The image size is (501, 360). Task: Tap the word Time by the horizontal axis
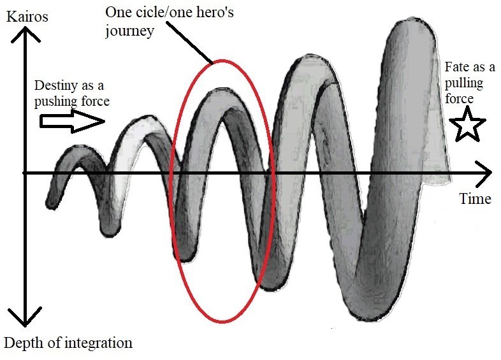pos(475,199)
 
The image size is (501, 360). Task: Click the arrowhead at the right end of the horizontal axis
pos(486,173)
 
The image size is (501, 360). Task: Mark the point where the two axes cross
pos(24,173)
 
